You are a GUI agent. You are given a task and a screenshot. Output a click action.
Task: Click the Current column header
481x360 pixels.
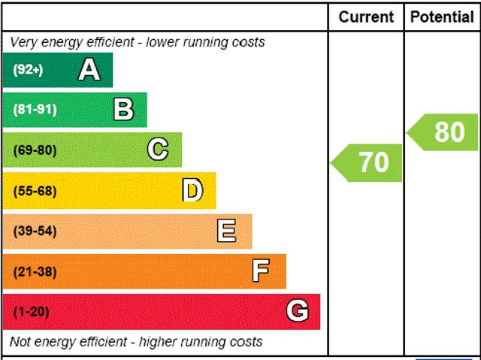[366, 17]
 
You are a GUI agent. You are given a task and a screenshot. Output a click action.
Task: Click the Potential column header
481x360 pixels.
[443, 17]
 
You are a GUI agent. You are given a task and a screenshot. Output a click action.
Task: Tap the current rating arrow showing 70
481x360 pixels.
[368, 162]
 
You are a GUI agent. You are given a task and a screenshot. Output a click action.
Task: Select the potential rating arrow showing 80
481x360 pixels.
[445, 132]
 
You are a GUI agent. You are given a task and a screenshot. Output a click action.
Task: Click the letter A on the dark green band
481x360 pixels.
[89, 70]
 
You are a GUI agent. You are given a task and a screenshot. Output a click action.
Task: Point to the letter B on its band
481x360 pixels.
[123, 110]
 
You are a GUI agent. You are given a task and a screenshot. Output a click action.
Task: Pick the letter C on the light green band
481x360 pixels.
[158, 150]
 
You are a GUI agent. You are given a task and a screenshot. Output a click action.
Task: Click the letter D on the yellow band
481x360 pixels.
[193, 191]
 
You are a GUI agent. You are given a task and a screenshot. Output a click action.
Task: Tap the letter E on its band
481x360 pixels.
[226, 231]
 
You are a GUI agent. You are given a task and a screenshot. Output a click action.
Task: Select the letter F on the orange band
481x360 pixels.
[261, 271]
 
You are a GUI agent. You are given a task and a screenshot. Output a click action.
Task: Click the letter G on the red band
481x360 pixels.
[298, 311]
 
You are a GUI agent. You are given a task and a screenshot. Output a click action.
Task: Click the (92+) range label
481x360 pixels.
[29, 70]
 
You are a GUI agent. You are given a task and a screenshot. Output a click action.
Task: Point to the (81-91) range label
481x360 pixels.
[35, 110]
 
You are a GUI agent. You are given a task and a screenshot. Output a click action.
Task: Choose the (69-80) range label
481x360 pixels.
[35, 150]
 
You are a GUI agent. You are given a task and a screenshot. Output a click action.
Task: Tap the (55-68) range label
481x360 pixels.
[35, 191]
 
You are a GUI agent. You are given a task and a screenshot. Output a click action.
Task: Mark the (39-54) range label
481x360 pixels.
[35, 231]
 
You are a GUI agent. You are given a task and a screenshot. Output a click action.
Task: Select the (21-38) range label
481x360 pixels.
[35, 271]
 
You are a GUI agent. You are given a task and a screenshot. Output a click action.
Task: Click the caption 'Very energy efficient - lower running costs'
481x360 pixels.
[138, 42]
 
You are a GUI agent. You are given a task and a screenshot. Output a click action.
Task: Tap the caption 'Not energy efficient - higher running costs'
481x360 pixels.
[136, 342]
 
